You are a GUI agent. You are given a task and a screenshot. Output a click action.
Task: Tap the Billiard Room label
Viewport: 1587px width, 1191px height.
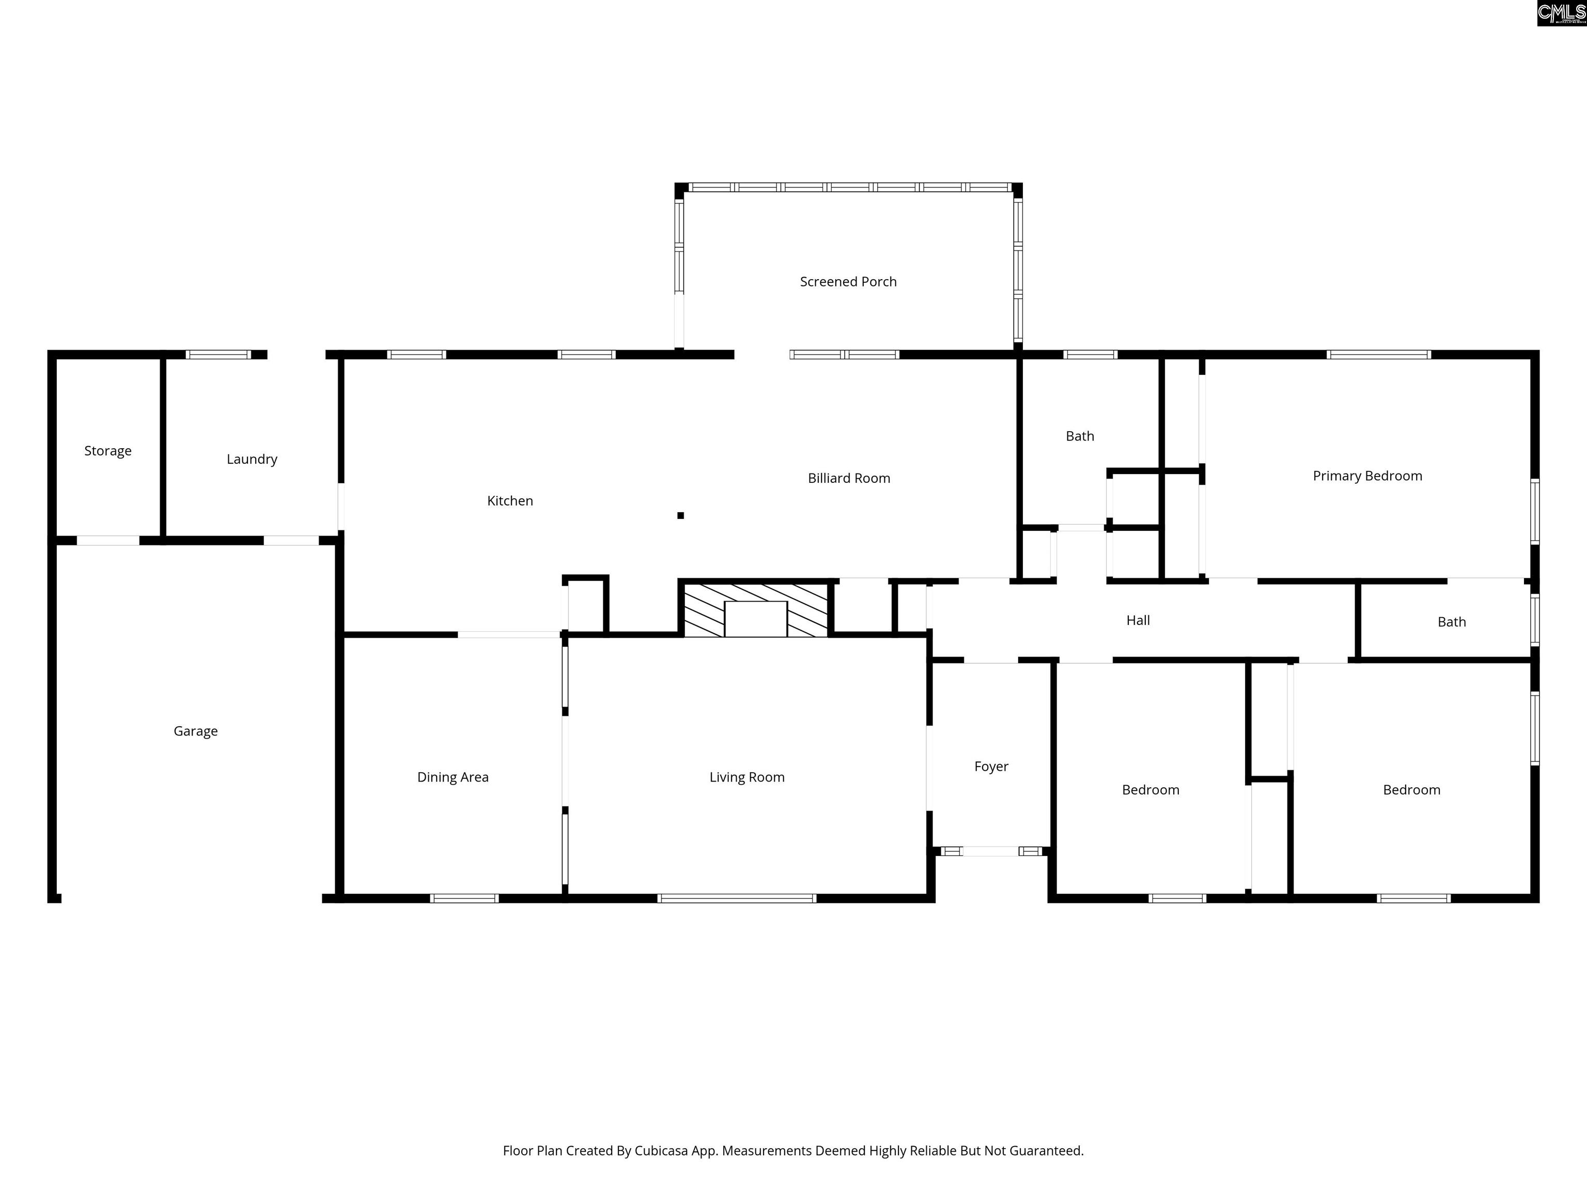(849, 478)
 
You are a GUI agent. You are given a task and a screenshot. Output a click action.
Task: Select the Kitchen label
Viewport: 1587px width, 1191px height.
(510, 501)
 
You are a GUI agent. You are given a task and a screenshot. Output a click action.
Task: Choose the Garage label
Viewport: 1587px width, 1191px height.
(195, 731)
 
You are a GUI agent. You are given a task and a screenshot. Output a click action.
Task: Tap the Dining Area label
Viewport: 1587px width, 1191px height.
(453, 777)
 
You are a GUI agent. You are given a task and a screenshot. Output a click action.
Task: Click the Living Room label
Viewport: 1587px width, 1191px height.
(747, 777)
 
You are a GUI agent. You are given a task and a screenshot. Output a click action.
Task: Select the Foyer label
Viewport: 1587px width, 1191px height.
(991, 767)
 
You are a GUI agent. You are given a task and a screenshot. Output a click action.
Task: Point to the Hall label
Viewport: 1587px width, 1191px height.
(1138, 620)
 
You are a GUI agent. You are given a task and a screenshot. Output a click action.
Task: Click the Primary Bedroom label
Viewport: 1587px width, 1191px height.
(1367, 476)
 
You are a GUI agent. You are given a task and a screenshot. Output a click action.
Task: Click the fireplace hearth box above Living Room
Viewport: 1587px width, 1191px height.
(755, 619)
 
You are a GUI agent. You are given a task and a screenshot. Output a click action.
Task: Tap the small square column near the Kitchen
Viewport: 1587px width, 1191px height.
(680, 515)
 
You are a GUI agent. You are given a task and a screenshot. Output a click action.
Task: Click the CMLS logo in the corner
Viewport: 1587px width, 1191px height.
(1561, 13)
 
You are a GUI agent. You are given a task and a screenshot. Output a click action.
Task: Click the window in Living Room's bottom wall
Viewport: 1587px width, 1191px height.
(737, 898)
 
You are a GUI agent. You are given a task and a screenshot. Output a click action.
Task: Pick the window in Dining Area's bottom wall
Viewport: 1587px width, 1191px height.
(464, 898)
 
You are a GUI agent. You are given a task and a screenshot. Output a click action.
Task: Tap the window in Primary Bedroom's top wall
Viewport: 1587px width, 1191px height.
(1378, 355)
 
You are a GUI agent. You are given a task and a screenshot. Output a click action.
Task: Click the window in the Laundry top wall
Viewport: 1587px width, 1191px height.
(218, 355)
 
